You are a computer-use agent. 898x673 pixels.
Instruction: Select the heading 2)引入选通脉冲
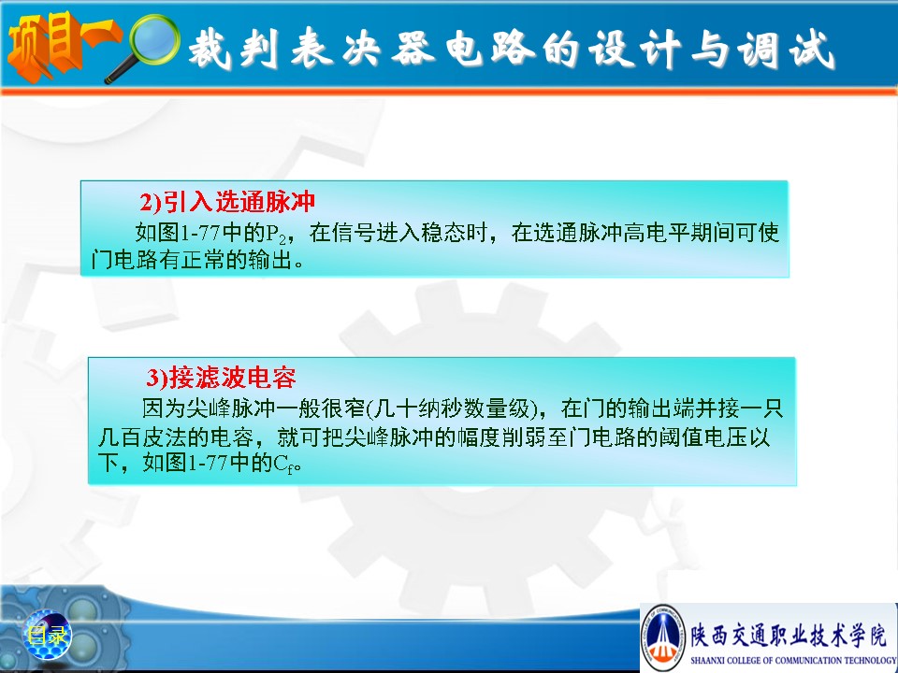click(227, 202)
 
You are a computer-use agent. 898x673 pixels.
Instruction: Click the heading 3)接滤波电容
click(221, 377)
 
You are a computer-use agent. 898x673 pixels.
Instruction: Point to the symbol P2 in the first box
click(275, 234)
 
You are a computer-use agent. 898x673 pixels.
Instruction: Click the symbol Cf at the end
click(286, 464)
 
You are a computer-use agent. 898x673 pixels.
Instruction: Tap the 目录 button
click(47, 635)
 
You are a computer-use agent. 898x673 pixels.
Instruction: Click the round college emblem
click(662, 637)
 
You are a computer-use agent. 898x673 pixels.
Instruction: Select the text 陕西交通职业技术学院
click(789, 635)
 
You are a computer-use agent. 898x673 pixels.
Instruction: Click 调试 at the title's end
click(785, 50)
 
